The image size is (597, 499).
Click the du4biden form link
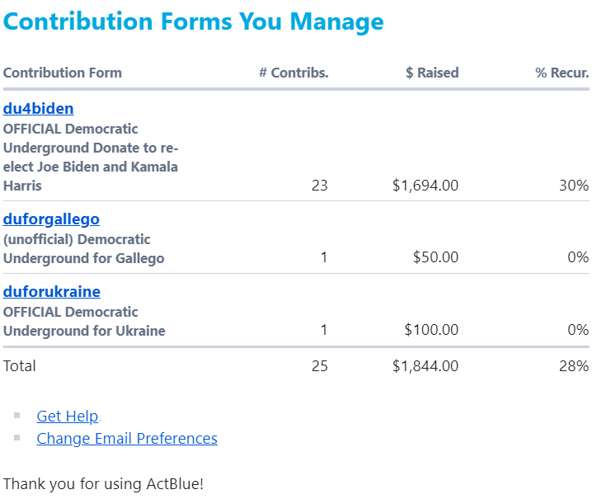coord(38,109)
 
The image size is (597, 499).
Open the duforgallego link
coord(51,219)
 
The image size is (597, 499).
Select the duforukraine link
coord(52,292)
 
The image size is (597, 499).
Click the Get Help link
coord(68,417)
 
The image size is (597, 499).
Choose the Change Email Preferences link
coord(127,439)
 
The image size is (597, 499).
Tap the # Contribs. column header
coord(294,73)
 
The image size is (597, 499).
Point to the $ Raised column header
coord(432,73)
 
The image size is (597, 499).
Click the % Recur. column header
coord(562,73)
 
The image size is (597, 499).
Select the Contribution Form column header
coord(63,73)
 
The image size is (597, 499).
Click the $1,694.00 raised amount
coord(425,186)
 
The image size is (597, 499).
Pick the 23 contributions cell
coord(319,186)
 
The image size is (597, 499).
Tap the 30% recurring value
coord(574,186)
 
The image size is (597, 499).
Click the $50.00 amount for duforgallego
coord(435,257)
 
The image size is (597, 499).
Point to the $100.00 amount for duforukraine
coord(431,329)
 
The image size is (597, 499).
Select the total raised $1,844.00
coord(425,366)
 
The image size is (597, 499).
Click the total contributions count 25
coord(319,366)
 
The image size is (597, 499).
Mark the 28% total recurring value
coord(574,366)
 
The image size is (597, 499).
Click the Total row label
coord(20,366)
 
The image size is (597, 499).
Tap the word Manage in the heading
coord(336,22)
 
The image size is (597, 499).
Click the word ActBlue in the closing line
coord(175,484)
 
